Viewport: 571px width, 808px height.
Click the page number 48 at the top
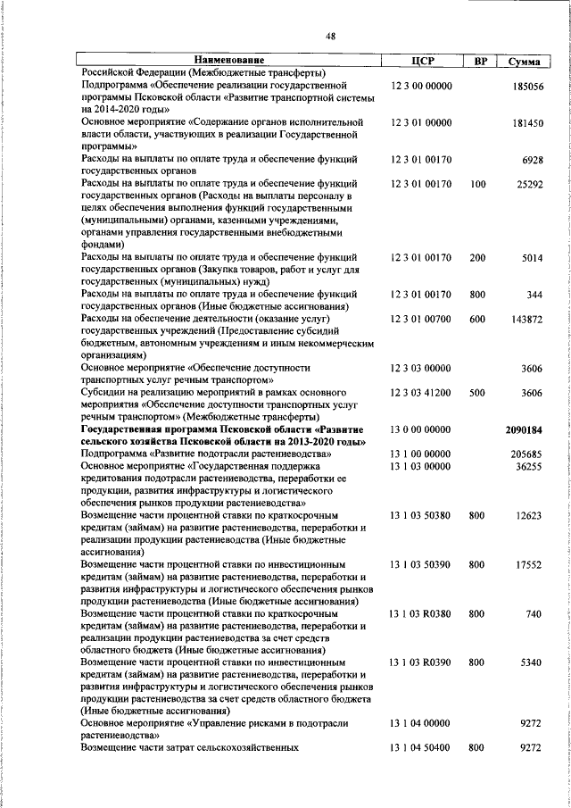pos(331,36)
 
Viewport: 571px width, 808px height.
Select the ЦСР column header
pos(423,61)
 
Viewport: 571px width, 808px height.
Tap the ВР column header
pos(479,61)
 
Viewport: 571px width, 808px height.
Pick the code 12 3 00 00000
pos(421,86)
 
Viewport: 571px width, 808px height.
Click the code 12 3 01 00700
pos(421,318)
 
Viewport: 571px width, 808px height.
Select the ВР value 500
pos(478,392)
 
